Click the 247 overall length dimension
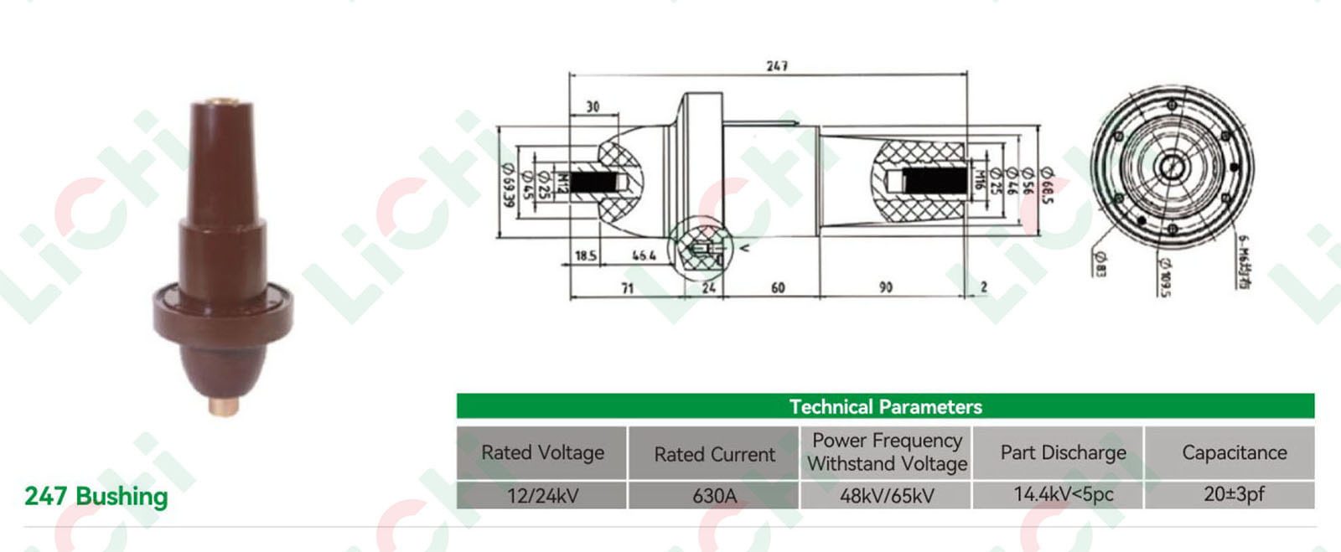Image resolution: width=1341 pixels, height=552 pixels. coord(777,65)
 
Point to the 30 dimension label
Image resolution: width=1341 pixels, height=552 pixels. coord(593,106)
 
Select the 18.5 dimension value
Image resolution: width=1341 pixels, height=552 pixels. coord(586,255)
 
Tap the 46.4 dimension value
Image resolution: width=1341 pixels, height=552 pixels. coord(644,255)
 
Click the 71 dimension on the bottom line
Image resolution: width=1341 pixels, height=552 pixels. coord(627,288)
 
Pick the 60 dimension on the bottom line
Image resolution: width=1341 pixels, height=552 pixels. coord(778,288)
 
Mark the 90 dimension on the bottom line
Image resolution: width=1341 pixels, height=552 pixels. coord(886,287)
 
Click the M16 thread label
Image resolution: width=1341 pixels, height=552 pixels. coord(978,179)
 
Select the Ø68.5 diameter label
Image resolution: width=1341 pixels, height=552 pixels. coord(1046,184)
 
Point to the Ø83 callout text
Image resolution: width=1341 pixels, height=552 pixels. coord(1100,264)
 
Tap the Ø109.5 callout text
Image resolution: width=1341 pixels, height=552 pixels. coord(1165,276)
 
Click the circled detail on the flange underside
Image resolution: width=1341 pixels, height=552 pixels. coord(701,249)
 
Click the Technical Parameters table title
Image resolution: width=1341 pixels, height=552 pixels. coord(885,407)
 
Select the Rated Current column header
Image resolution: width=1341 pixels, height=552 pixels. coord(714,454)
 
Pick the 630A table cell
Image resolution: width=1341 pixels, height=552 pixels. coord(714,496)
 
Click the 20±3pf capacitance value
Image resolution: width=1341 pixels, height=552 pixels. coord(1234,494)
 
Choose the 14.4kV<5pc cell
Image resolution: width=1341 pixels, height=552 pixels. coord(1063,494)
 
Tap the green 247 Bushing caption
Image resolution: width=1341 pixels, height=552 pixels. coord(96,496)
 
